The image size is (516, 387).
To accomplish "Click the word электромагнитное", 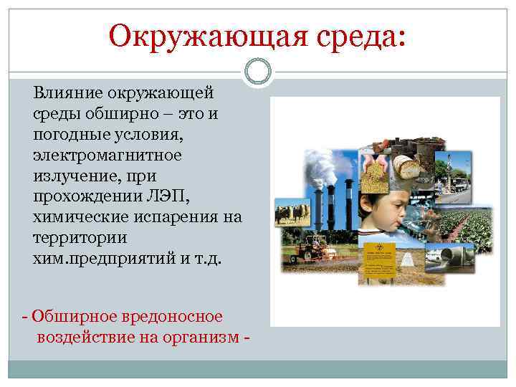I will point(107,155).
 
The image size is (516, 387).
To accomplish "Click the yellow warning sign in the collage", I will point(378,260).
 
